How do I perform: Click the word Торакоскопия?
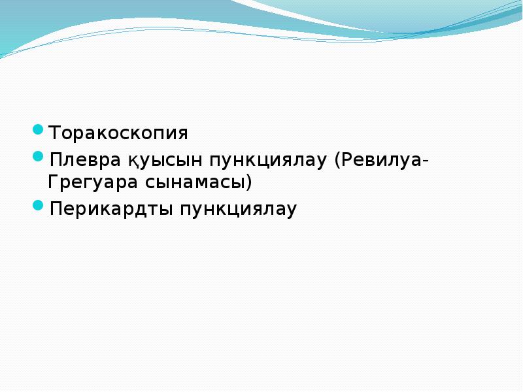[x=118, y=134]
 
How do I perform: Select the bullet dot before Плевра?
[x=39, y=157]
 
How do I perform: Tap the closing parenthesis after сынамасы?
[x=248, y=182]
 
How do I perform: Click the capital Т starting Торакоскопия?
[x=55, y=134]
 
